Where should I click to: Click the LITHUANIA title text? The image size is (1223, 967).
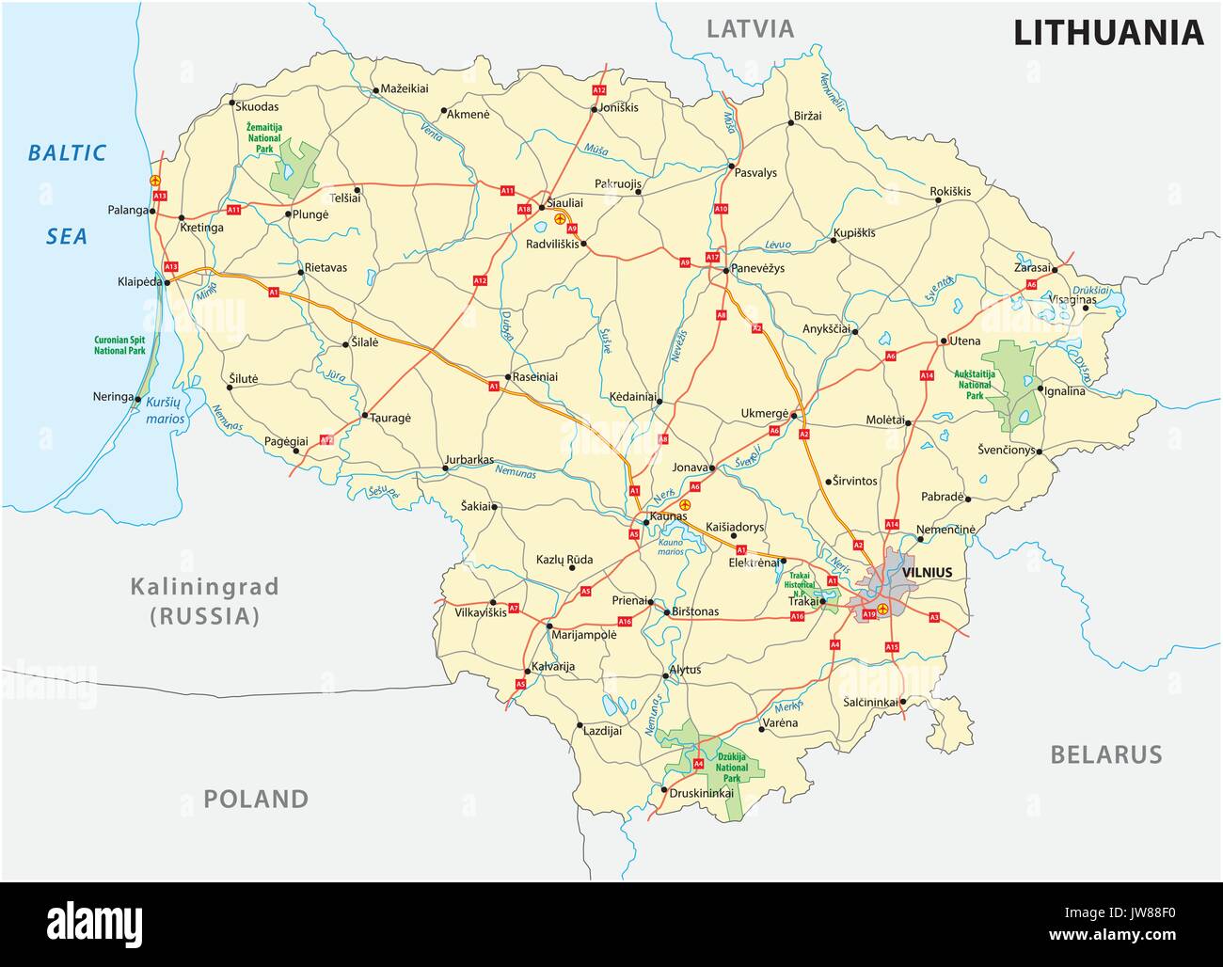(1107, 33)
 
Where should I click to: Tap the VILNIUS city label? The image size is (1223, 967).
(927, 572)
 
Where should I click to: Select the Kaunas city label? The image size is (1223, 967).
(668, 516)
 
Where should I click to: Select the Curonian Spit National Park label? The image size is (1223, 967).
(119, 345)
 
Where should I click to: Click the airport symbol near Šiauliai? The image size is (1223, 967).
(586, 218)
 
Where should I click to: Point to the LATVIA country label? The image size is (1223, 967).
(750, 28)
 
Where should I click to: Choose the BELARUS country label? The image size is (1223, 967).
(1105, 754)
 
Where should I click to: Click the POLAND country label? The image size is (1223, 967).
(256, 800)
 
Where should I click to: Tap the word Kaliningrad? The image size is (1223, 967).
(204, 587)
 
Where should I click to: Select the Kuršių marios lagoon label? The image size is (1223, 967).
(162, 408)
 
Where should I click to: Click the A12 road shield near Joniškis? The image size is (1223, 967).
(599, 89)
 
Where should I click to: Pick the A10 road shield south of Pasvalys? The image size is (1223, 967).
(722, 209)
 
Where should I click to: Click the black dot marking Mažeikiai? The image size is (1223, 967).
(374, 90)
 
